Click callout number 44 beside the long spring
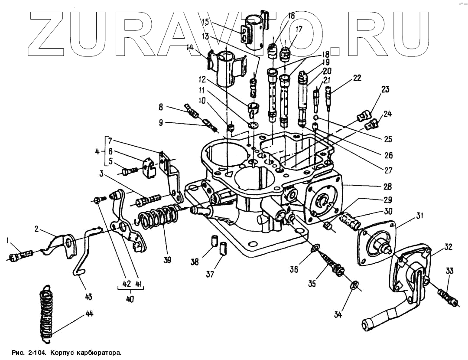click(x=89, y=314)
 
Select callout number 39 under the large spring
click(x=167, y=260)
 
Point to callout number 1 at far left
click(x=7, y=240)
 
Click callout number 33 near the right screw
click(x=449, y=272)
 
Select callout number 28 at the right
click(x=387, y=187)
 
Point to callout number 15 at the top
click(x=205, y=21)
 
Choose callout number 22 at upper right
click(x=357, y=78)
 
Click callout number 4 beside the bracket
click(x=97, y=152)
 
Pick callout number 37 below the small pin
click(x=210, y=274)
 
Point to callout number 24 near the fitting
click(x=387, y=115)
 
